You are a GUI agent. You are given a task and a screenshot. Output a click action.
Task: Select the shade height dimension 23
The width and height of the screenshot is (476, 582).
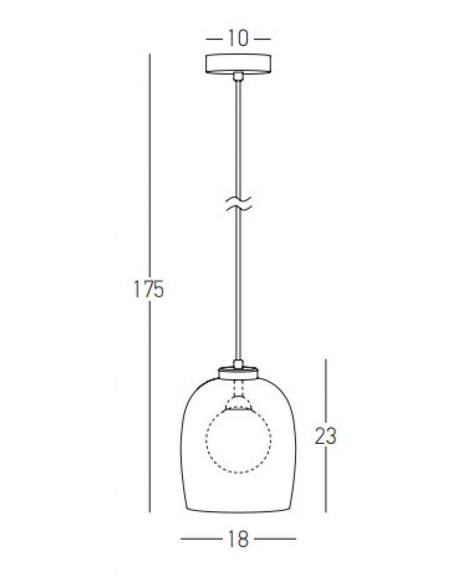[x=325, y=436]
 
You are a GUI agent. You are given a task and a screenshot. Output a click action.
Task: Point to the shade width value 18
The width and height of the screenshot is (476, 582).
[x=239, y=540]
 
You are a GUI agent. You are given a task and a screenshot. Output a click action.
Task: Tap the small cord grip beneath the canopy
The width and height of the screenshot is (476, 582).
[x=239, y=77]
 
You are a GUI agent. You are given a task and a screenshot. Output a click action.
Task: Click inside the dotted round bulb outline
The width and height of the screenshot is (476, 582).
[x=239, y=439]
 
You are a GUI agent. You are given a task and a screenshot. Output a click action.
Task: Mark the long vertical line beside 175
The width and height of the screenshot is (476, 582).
[x=150, y=159]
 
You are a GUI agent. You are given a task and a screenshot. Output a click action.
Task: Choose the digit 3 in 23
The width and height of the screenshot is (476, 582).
[x=331, y=436]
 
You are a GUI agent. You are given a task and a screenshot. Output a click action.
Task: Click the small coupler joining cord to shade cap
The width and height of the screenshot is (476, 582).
[x=239, y=364]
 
